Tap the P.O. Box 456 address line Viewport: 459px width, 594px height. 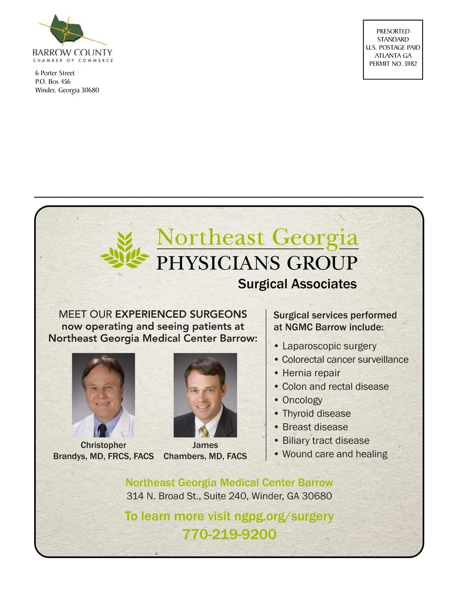(x=53, y=82)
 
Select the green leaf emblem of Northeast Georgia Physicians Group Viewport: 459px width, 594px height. (x=124, y=250)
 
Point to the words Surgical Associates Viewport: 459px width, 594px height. (x=297, y=284)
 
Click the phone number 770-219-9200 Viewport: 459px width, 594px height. (x=229, y=534)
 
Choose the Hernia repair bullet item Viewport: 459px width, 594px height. (x=311, y=373)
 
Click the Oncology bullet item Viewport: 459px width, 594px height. (x=302, y=400)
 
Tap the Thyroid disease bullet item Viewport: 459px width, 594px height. (x=316, y=413)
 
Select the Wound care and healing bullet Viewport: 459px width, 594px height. (x=334, y=454)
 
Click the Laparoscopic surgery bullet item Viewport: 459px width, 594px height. (x=329, y=346)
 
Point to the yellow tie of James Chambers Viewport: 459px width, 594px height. (x=204, y=431)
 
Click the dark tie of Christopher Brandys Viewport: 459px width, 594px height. (x=103, y=430)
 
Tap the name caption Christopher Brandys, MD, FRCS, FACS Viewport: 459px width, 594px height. (x=103, y=451)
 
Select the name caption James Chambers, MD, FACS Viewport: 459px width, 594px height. (x=205, y=451)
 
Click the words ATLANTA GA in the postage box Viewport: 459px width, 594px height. (x=393, y=56)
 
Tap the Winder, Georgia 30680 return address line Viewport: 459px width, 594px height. (x=67, y=90)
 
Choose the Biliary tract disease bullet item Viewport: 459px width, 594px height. (x=325, y=441)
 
